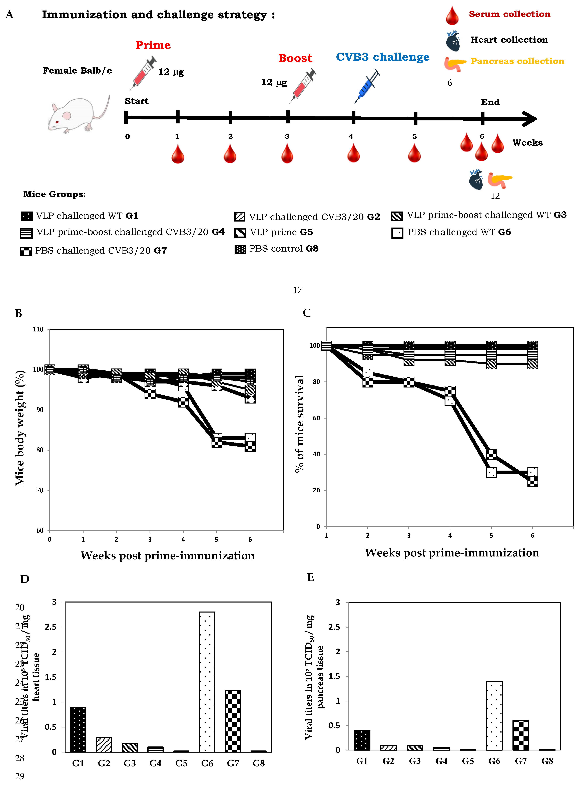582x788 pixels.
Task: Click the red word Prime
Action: [x=153, y=45]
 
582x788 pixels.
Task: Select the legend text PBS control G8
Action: [x=284, y=249]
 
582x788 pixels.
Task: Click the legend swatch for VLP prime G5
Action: [x=240, y=233]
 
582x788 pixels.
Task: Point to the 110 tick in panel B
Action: [x=38, y=329]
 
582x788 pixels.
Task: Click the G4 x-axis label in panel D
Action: [x=155, y=763]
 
